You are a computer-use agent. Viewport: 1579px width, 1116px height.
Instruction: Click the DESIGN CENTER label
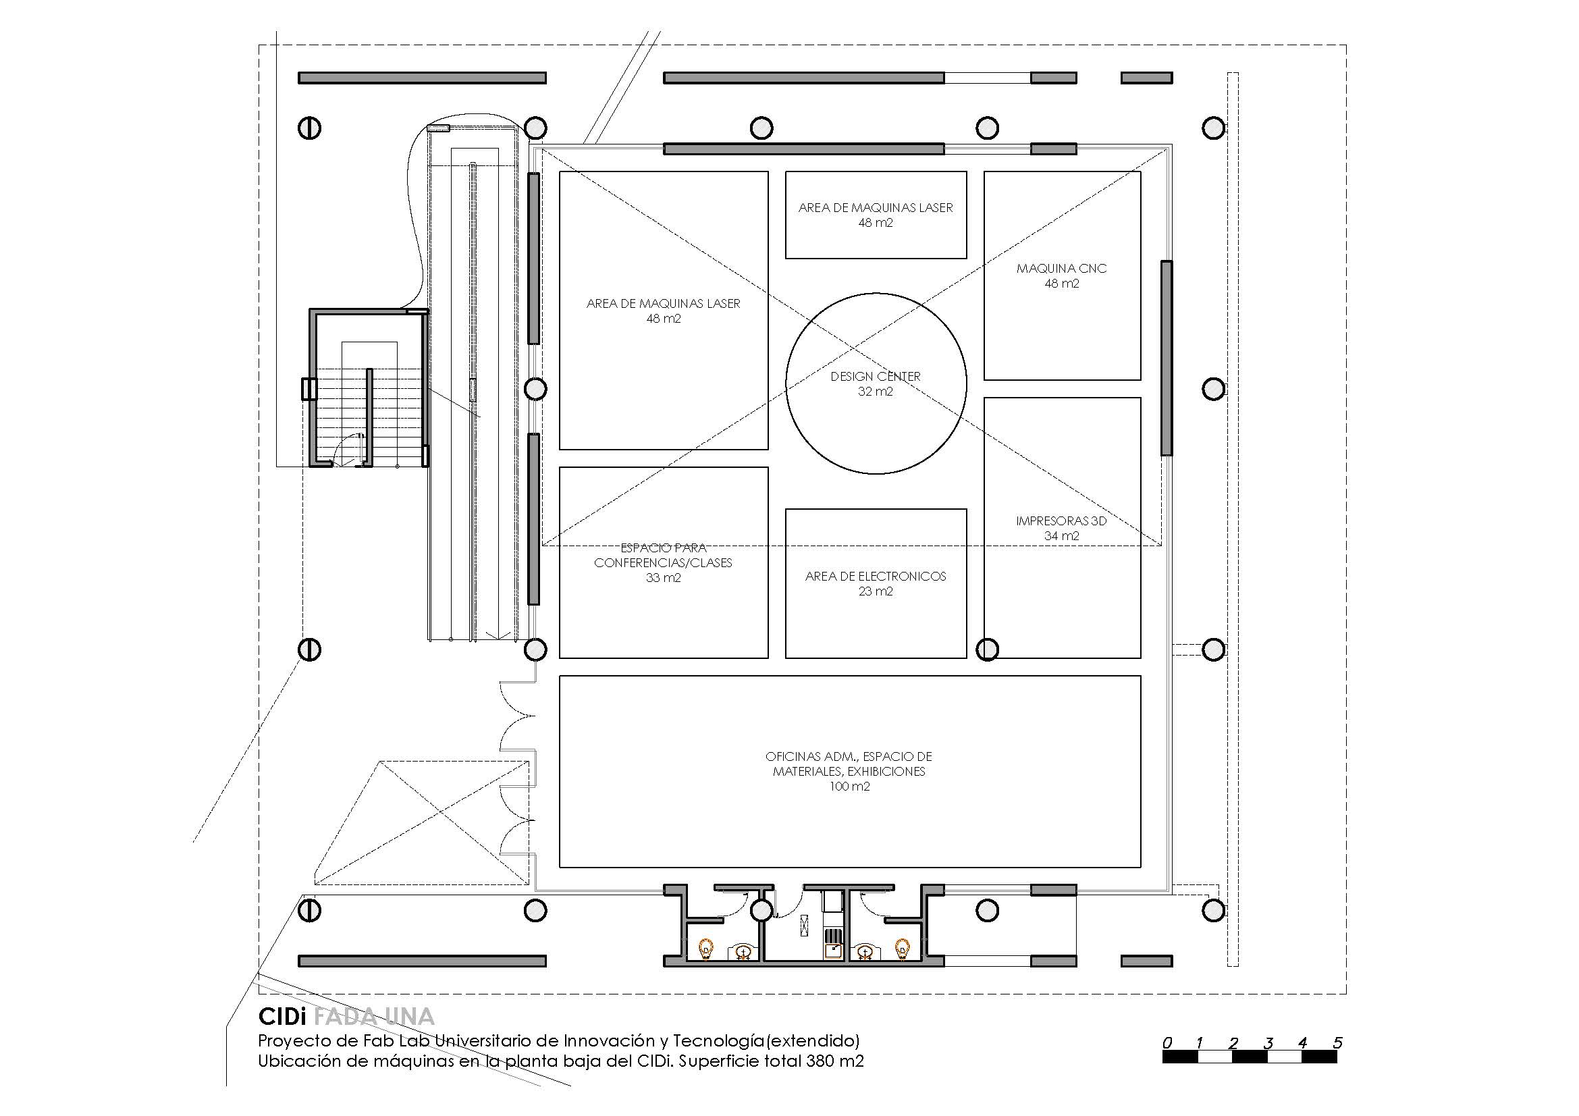pos(875,376)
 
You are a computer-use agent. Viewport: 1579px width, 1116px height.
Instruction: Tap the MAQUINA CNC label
pos(1061,268)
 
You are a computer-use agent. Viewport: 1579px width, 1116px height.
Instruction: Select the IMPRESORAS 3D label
pos(1061,521)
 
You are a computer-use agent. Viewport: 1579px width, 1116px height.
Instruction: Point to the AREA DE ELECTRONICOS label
pos(876,576)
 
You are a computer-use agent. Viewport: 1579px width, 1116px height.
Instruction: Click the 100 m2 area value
pos(849,786)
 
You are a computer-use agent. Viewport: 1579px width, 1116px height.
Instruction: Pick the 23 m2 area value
pos(876,591)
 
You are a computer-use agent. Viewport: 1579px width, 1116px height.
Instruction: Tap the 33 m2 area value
pos(663,578)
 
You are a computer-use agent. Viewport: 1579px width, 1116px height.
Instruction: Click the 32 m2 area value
pos(875,392)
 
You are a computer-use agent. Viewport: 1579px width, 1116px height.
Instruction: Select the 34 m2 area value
pos(1061,535)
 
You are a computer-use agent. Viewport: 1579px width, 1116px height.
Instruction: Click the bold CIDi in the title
pos(282,1017)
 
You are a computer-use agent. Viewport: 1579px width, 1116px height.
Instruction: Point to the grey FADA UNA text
pos(374,1017)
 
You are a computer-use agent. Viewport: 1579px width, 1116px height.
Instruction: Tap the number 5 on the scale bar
pos(1337,1042)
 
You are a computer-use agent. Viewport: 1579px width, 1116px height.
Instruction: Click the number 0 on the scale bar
pos(1167,1042)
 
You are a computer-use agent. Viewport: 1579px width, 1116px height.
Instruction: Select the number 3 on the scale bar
pos(1268,1042)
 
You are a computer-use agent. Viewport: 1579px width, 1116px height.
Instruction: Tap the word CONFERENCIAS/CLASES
pos(663,562)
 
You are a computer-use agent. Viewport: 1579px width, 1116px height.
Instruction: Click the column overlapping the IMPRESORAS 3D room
pos(988,648)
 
